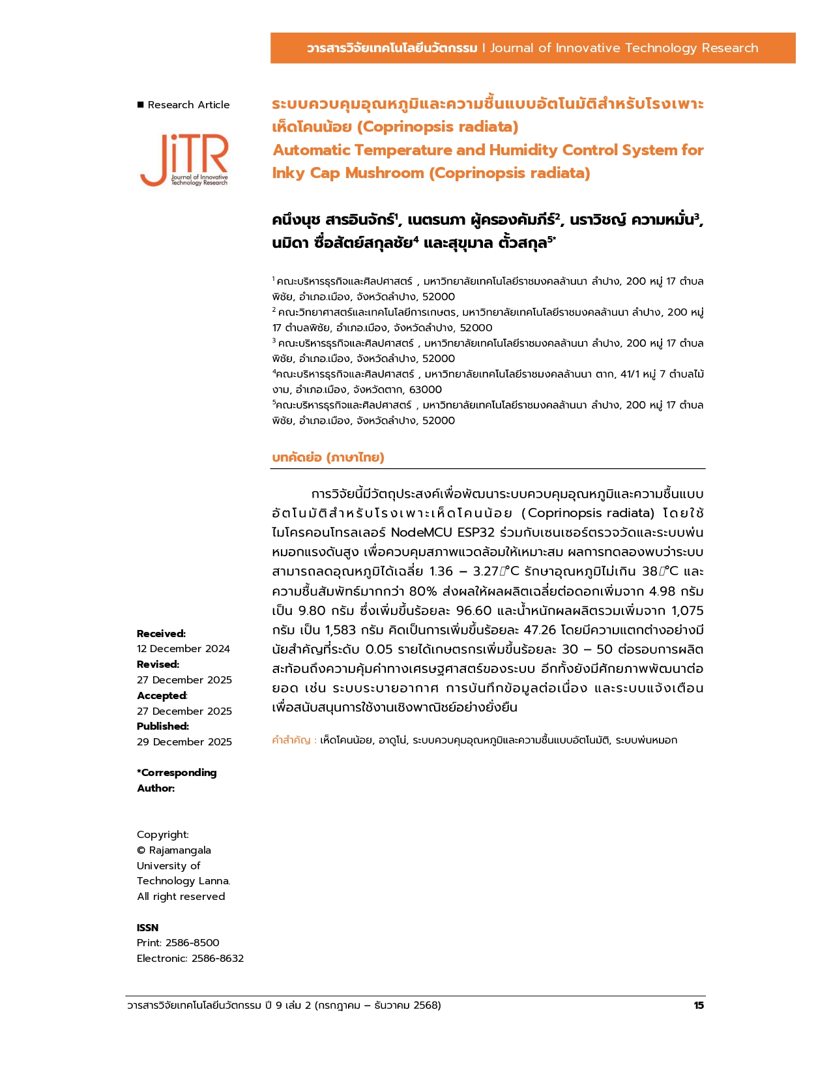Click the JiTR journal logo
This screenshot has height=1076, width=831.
(x=184, y=160)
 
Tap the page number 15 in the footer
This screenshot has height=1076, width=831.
(x=699, y=1006)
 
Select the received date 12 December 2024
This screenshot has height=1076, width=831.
(x=183, y=649)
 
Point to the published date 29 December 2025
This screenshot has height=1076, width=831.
(x=184, y=742)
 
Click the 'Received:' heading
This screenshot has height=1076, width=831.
(x=161, y=634)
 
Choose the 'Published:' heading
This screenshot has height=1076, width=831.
(x=163, y=726)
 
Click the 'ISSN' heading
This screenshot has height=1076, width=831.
(x=147, y=928)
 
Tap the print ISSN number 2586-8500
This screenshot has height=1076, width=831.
(x=192, y=943)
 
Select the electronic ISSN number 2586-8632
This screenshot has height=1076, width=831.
(x=217, y=959)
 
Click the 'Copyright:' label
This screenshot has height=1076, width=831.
(x=163, y=835)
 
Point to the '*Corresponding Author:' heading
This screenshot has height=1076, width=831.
(x=176, y=781)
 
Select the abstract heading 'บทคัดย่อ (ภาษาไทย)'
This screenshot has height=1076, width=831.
(x=328, y=457)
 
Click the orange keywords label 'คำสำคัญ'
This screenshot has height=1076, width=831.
(x=291, y=740)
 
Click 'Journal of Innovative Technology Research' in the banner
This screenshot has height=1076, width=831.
(x=624, y=48)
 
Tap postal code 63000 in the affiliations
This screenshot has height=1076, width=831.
(x=425, y=390)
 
